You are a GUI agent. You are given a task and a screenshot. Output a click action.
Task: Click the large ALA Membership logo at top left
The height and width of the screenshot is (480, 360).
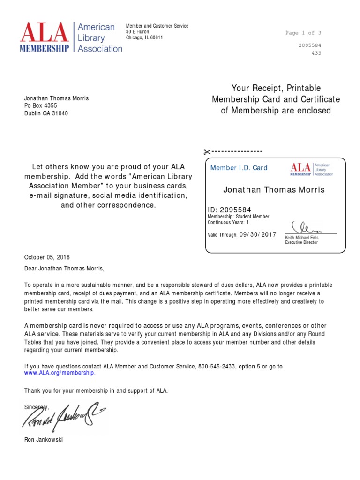tap(70, 37)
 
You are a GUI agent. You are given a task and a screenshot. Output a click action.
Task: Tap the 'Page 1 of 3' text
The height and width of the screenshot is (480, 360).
tap(303, 33)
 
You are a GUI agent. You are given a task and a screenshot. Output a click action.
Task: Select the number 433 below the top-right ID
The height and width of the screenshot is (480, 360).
tap(316, 53)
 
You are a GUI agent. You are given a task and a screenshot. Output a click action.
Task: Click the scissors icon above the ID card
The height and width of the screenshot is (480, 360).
tap(206, 151)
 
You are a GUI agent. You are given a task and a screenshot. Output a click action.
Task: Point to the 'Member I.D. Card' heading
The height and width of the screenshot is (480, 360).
tap(239, 168)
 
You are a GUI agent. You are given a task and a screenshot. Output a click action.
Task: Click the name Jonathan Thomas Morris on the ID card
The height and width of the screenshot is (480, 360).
tap(274, 190)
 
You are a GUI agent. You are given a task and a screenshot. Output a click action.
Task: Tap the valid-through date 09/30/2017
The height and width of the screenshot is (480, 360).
tap(258, 234)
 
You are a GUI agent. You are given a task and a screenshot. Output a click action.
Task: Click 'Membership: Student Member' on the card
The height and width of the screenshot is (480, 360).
tap(238, 217)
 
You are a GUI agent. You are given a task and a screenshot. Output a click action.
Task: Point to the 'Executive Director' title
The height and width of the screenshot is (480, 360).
tap(301, 242)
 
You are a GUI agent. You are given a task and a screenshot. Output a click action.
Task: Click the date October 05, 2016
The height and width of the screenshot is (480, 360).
tap(47, 257)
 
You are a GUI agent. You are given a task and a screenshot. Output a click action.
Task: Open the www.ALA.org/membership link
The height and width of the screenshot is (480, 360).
tap(60, 373)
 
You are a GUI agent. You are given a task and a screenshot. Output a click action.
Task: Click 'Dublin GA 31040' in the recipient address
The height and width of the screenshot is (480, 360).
tap(46, 113)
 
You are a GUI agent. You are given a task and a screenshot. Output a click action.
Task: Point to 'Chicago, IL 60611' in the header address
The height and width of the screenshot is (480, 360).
tap(144, 38)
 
